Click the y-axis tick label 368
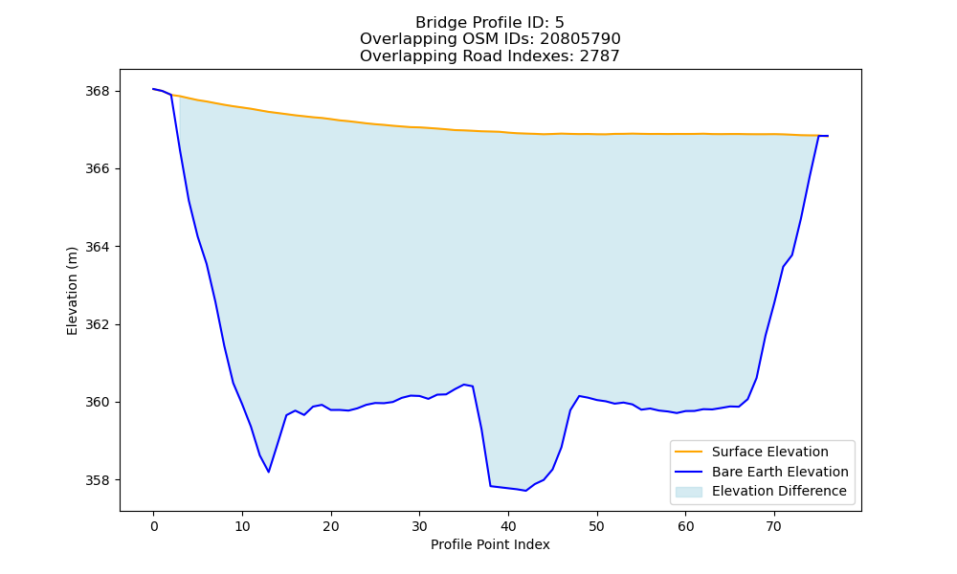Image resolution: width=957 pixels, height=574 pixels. (x=97, y=91)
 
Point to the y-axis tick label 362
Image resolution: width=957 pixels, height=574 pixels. (x=97, y=324)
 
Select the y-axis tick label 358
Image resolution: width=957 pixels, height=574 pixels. (x=97, y=480)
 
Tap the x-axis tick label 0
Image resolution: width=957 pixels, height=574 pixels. (x=154, y=526)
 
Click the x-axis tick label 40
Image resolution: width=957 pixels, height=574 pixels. (x=508, y=526)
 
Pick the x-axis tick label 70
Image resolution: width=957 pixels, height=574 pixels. (x=774, y=526)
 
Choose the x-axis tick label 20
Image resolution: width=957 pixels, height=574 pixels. (x=331, y=526)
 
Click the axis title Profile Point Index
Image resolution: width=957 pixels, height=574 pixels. (x=490, y=544)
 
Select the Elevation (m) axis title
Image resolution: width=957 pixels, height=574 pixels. (x=72, y=291)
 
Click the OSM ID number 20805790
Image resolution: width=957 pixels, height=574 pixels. (x=580, y=39)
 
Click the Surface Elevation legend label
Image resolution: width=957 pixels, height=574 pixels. (x=769, y=452)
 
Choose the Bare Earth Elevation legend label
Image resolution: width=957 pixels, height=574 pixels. (x=780, y=472)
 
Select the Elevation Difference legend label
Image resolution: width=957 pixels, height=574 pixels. (x=779, y=491)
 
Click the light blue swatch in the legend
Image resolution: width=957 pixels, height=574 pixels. (x=688, y=492)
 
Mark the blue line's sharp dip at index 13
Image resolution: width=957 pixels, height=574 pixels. (x=269, y=472)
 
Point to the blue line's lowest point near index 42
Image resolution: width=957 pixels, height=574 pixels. (x=525, y=491)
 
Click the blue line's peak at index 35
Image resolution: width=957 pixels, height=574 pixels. (x=464, y=385)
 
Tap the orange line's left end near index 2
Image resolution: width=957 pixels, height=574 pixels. (x=171, y=95)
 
